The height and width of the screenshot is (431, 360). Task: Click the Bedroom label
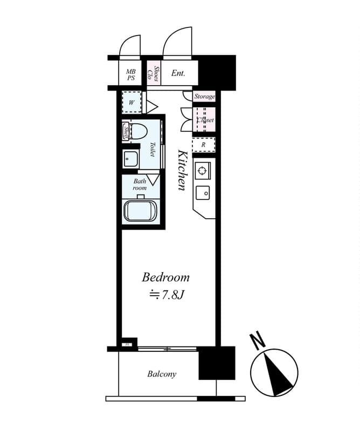[165, 277]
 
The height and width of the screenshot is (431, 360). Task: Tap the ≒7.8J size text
[167, 295]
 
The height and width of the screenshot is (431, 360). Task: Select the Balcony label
[162, 374]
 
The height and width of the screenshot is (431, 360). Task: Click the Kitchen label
[183, 169]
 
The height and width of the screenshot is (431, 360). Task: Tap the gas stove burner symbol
[202, 171]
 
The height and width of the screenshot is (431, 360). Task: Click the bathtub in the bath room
[140, 211]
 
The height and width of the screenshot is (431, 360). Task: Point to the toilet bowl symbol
[140, 130]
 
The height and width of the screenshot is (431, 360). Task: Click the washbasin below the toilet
[130, 159]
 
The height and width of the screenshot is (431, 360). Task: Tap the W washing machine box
[131, 102]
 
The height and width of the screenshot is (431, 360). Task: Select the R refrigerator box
[203, 145]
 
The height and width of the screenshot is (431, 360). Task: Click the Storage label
[204, 97]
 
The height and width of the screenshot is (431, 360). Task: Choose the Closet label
[204, 120]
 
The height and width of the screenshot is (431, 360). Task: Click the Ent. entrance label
[178, 73]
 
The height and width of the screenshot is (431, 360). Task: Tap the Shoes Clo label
[153, 73]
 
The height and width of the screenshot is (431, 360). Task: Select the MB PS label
[130, 74]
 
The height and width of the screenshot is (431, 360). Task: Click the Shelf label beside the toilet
[126, 131]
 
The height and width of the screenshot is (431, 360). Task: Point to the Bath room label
[140, 185]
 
